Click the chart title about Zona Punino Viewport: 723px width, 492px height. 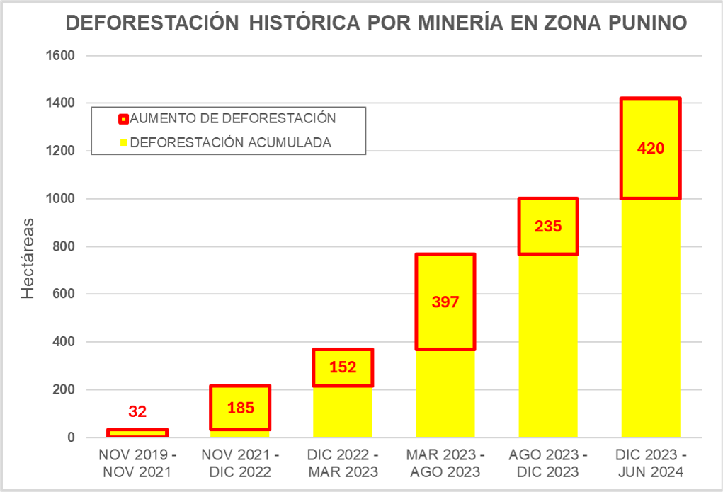(x=376, y=23)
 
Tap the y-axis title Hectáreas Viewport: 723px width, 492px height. (x=28, y=258)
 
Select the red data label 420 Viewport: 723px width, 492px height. (x=650, y=149)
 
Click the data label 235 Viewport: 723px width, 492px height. (x=547, y=227)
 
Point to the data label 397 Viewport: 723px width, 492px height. (x=445, y=302)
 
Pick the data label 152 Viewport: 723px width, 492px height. (x=343, y=367)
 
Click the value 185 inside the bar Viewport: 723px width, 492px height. (x=240, y=408)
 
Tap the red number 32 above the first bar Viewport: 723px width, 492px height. (x=137, y=411)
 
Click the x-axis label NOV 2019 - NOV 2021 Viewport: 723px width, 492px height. (x=137, y=463)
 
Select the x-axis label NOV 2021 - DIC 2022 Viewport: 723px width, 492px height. (x=240, y=463)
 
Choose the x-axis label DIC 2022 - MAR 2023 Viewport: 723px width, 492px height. (x=343, y=463)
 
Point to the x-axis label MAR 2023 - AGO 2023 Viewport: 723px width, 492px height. (x=445, y=463)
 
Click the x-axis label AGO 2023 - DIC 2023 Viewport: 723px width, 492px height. (x=547, y=463)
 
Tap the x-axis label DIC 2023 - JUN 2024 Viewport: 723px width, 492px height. (x=650, y=463)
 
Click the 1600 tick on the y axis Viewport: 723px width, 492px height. (x=59, y=56)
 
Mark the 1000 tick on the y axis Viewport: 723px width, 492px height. (x=59, y=199)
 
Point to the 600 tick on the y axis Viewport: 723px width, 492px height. (x=64, y=294)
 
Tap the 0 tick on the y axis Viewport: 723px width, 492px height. (x=71, y=437)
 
